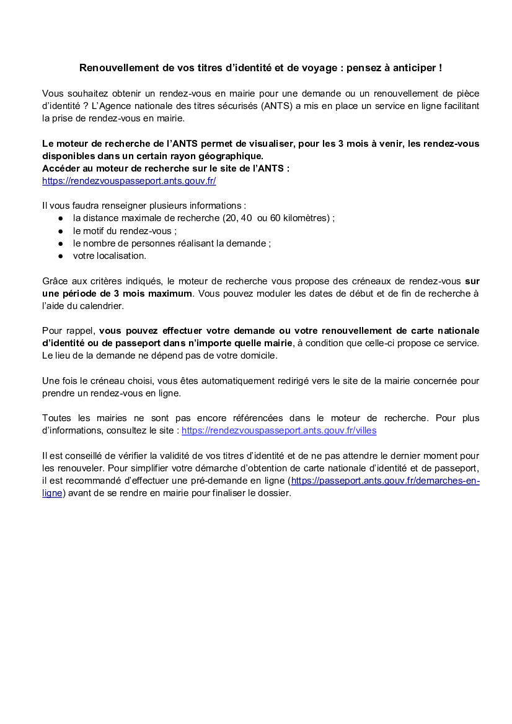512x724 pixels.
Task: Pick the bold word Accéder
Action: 61,168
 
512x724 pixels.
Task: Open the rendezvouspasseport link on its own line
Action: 129,181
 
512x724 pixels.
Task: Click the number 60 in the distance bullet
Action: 276,218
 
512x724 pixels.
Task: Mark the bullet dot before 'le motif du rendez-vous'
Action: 61,231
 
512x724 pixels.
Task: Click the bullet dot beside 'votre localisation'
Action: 61,256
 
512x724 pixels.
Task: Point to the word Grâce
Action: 55,281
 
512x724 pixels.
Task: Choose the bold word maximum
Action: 169,293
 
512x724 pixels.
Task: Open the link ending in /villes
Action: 278,430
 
